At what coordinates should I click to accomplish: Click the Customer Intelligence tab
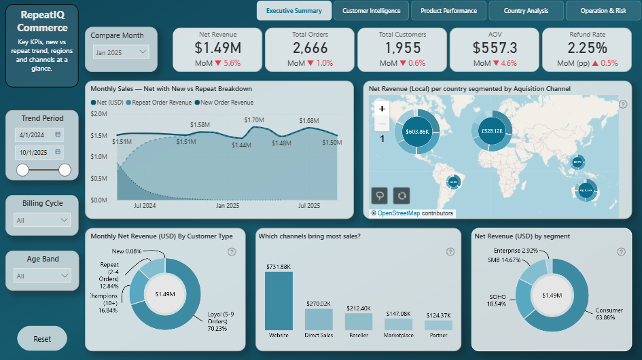pyautogui.click(x=371, y=11)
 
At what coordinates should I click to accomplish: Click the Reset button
pyautogui.click(x=42, y=338)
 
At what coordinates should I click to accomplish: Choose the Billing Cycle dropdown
pyautogui.click(x=42, y=220)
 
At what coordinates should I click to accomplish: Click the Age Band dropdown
pyautogui.click(x=42, y=276)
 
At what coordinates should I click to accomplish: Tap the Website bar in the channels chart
pyautogui.click(x=279, y=300)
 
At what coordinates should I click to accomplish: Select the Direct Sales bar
pyautogui.click(x=319, y=319)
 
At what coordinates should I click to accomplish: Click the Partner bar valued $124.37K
pyautogui.click(x=438, y=325)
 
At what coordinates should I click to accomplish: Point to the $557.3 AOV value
pyautogui.click(x=493, y=48)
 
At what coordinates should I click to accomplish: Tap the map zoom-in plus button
pyautogui.click(x=382, y=109)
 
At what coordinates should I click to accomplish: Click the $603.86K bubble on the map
pyautogui.click(x=416, y=131)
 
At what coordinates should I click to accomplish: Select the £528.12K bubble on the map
pyautogui.click(x=491, y=130)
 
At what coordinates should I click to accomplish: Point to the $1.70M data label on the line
pyautogui.click(x=253, y=120)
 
